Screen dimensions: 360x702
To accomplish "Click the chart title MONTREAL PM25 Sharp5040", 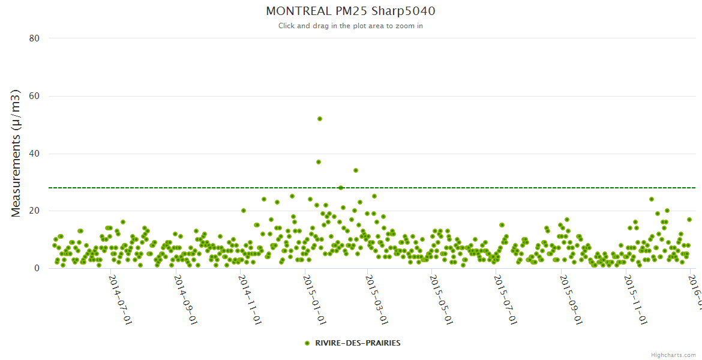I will (x=350, y=11).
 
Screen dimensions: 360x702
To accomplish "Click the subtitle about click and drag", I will (x=350, y=26).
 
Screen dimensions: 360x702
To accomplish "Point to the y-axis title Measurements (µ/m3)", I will (x=16, y=153).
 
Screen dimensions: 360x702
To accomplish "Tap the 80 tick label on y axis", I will (x=34, y=38).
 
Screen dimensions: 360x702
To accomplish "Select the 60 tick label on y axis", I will (x=34, y=96).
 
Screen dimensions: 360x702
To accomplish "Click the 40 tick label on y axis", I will (x=34, y=154).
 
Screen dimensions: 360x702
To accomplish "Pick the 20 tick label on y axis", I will (x=34, y=211).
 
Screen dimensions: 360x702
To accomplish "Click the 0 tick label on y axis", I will (x=37, y=268).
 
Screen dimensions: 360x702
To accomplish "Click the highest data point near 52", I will (x=320, y=119).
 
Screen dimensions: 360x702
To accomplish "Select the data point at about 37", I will (x=319, y=162).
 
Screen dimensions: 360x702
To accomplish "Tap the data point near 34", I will (x=356, y=170).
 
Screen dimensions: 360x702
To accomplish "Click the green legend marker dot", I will (x=307, y=343).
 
